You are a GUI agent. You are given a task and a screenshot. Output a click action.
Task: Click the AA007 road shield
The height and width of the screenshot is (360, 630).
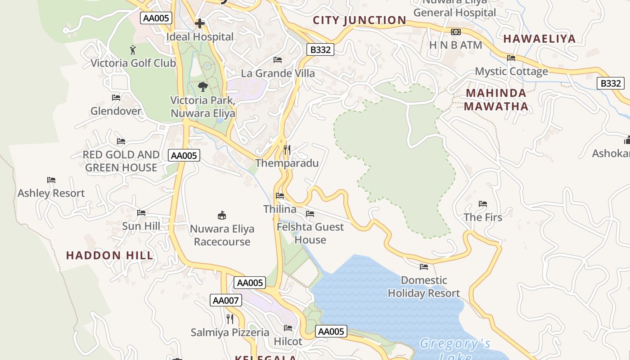click(x=226, y=300)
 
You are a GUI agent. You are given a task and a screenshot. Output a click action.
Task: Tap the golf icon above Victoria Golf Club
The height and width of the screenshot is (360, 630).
click(x=133, y=49)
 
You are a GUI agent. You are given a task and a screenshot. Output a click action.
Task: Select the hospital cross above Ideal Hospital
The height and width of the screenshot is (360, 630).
click(x=200, y=23)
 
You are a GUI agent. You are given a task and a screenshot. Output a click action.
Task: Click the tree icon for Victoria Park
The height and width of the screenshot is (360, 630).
click(x=203, y=86)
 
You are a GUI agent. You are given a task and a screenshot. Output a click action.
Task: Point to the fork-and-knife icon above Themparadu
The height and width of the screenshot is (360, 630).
click(x=287, y=149)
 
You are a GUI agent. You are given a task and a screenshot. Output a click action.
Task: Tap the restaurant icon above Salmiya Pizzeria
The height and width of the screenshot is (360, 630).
click(x=230, y=319)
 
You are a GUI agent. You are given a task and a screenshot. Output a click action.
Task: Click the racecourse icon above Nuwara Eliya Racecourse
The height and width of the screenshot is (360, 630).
click(x=222, y=215)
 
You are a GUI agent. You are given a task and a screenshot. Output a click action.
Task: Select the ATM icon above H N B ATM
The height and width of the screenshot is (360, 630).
click(x=456, y=32)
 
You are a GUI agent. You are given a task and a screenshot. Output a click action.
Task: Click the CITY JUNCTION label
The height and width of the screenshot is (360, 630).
click(x=360, y=20)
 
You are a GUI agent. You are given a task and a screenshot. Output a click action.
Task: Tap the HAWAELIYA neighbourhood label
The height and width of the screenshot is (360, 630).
click(x=540, y=39)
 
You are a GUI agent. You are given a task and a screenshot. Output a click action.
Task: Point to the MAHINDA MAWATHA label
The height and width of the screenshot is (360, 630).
click(x=496, y=100)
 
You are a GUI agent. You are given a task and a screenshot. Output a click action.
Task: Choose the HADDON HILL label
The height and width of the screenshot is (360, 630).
click(x=110, y=256)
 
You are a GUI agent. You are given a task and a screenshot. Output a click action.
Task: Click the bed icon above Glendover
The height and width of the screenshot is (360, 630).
click(x=116, y=97)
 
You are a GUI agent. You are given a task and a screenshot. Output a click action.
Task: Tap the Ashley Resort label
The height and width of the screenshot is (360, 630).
click(x=51, y=193)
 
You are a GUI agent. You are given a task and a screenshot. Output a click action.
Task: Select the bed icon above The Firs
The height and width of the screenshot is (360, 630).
click(x=483, y=204)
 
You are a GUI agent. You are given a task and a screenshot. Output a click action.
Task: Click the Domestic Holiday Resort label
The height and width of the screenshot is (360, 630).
click(x=424, y=287)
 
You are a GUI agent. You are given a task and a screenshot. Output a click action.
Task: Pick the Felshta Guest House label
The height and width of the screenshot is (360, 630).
click(x=310, y=233)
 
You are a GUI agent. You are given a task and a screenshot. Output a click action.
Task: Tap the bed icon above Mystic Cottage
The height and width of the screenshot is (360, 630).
click(x=511, y=58)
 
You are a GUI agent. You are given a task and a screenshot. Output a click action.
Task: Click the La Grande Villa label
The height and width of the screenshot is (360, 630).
click(x=278, y=73)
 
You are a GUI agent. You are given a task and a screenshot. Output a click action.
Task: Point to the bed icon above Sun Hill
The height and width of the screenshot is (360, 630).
click(x=141, y=212)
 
